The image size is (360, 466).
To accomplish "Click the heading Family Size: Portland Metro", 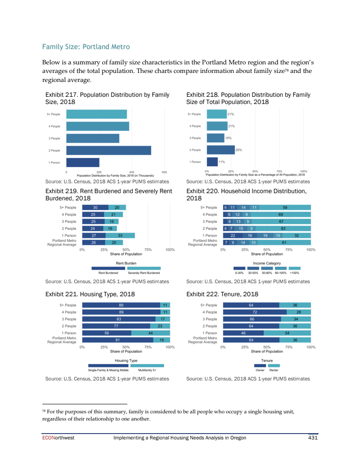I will click(x=85, y=46).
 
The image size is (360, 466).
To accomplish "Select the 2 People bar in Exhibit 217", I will click(x=108, y=150).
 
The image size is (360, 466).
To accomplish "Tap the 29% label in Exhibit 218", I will click(x=239, y=150).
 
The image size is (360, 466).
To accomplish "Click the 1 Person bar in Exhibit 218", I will click(x=212, y=162).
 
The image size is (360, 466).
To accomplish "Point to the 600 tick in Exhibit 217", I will click(x=164, y=172).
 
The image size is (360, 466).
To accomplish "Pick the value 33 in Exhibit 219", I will click(x=120, y=235).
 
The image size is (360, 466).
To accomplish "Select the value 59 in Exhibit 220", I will click(x=285, y=208).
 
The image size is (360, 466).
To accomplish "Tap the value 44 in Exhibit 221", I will click(x=150, y=333).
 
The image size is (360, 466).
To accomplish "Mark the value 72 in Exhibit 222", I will click(x=255, y=312).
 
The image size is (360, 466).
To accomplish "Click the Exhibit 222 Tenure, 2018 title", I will click(x=222, y=294).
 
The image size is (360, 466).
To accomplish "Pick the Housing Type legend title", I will click(x=126, y=361).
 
